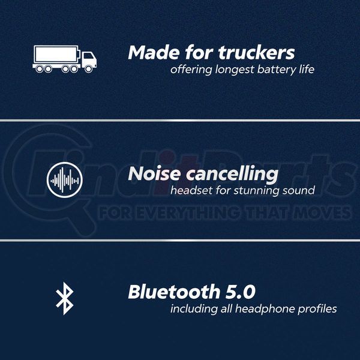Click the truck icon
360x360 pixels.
pos(65,59)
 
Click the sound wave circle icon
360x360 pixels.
pos(65,180)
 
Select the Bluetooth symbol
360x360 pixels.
pos(65,298)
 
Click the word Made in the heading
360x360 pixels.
pos(154,53)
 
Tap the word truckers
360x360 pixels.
pos(256,53)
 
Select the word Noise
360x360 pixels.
pos(154,173)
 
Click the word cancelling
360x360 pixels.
pos(232,175)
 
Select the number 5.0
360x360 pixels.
pos(241,292)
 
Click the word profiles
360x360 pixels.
pos(317,309)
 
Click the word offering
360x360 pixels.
pos(191,70)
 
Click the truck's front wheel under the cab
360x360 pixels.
pos(88,68)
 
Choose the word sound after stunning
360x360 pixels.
pos(298,191)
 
